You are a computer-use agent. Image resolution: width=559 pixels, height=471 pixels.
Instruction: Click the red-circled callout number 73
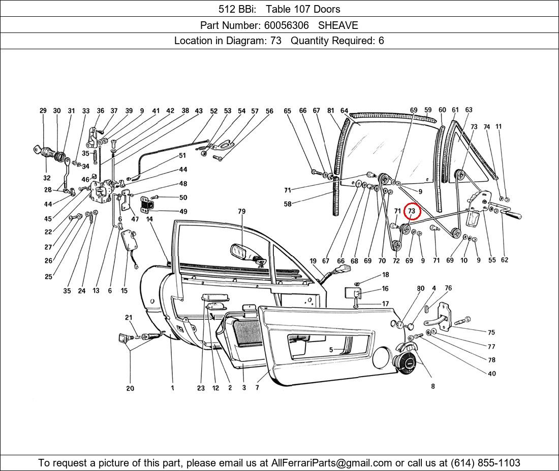412,211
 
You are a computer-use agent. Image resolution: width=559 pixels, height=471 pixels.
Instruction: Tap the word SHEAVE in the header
338,25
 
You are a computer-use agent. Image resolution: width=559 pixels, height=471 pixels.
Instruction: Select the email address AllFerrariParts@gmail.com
332,463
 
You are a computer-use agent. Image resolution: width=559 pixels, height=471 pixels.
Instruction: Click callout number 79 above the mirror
241,211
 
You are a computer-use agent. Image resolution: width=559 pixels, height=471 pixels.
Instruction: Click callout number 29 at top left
43,111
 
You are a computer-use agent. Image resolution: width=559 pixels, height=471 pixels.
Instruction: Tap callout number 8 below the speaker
432,386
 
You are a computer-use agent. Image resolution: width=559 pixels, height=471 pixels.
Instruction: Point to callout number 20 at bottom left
130,388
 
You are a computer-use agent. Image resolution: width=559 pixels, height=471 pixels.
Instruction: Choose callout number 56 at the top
269,111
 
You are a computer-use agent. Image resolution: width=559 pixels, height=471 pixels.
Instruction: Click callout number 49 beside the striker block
183,211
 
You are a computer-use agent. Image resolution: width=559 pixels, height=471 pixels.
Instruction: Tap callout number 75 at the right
491,333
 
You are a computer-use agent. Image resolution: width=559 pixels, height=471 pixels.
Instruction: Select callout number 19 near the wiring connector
313,261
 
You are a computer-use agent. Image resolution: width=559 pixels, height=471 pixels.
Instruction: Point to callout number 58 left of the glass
288,204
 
